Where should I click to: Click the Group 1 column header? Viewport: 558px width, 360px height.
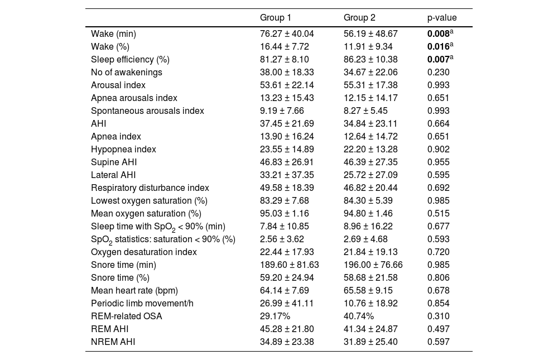pos(276,17)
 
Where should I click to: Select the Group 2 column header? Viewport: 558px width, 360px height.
pos(359,17)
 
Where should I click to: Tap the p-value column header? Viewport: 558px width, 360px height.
pos(442,18)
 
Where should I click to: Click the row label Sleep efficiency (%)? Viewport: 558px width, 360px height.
pos(130,60)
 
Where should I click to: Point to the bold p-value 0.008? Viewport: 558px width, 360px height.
pos(439,34)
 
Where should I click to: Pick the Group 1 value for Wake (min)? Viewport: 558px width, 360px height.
pos(287,34)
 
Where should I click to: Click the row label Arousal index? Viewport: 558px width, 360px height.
pos(118,85)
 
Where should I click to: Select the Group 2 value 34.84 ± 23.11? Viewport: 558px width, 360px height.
pos(371,123)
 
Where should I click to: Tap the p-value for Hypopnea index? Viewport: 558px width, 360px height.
pos(439,149)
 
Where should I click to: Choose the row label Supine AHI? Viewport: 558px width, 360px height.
pos(114,162)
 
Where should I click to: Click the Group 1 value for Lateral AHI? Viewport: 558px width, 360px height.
pos(287,175)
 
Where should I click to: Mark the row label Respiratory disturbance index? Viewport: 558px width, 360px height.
pos(150,188)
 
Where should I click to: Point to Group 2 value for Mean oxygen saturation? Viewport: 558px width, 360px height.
pos(368,213)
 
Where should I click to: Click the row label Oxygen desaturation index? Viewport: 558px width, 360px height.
pos(144,252)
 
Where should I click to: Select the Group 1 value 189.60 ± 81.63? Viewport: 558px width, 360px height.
pos(289,265)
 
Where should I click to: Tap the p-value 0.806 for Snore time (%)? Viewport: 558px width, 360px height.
pos(439,278)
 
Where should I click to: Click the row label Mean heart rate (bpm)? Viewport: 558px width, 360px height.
pos(134,291)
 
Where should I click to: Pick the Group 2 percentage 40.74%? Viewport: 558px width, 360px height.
pos(359,316)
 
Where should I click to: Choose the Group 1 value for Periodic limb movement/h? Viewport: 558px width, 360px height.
pos(287,304)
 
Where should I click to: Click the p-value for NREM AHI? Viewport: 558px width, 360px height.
pos(439,342)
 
